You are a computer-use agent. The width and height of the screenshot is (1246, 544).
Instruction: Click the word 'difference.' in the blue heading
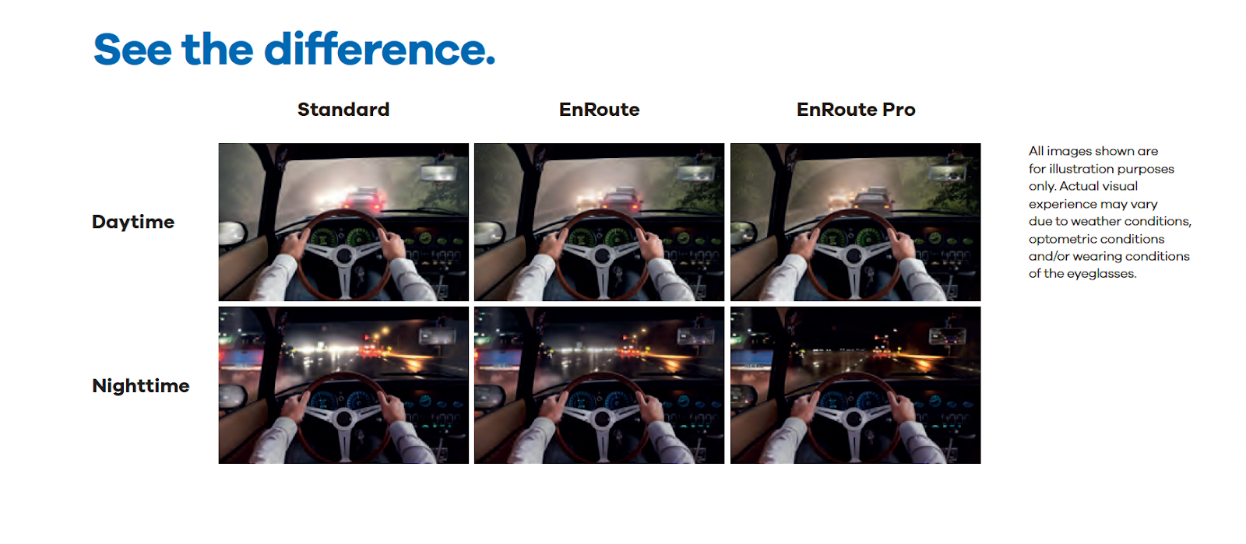point(379,49)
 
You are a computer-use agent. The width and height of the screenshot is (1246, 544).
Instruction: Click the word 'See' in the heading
point(132,50)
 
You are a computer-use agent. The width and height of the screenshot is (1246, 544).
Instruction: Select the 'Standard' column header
point(343,110)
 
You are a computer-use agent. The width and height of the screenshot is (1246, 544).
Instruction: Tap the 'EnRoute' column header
point(599,110)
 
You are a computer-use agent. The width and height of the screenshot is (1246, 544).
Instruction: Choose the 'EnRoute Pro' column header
point(856,110)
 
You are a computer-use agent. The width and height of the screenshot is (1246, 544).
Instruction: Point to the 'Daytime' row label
point(133,222)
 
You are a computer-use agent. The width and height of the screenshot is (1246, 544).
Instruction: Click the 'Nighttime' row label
point(141,386)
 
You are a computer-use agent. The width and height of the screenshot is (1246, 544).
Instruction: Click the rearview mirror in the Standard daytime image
point(439,173)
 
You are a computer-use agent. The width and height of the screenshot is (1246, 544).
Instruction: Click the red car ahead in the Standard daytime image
point(364,201)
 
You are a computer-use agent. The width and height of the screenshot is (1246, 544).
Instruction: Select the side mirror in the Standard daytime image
point(232,232)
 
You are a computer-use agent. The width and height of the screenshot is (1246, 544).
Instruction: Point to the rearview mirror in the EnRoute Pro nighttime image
point(947,335)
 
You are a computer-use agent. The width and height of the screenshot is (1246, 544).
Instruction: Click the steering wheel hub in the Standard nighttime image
point(344,419)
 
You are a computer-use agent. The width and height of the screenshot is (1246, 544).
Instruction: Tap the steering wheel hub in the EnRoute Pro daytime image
point(855,255)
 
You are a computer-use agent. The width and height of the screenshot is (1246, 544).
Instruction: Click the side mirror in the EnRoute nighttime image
point(488,395)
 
